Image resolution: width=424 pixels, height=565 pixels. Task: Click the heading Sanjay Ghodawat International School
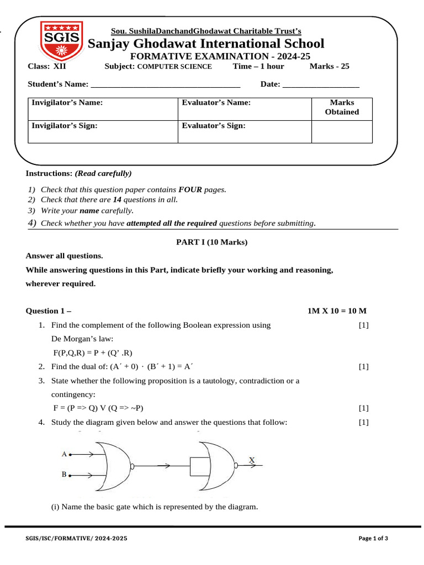click(206, 44)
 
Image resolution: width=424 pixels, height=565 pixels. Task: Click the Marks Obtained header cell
click(342, 108)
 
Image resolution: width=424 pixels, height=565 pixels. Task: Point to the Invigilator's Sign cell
click(103, 131)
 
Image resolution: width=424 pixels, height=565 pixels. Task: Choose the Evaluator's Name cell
click(243, 108)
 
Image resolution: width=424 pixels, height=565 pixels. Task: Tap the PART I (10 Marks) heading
click(212, 242)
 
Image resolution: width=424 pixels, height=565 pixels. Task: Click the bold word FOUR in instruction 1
click(190, 190)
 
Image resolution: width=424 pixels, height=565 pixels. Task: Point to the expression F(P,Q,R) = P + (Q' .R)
click(93, 353)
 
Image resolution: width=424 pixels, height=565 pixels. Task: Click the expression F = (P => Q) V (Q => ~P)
click(98, 408)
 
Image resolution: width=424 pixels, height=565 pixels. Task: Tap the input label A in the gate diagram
click(64, 454)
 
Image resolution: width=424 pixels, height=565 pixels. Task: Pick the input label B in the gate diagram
click(64, 474)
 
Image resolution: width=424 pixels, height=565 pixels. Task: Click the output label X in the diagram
click(252, 460)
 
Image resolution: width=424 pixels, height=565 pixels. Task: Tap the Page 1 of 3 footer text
click(373, 539)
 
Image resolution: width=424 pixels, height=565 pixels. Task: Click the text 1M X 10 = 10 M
click(337, 311)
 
